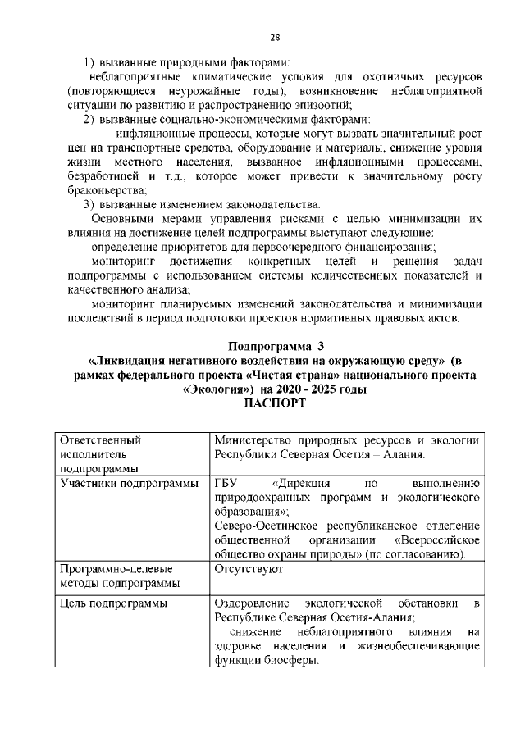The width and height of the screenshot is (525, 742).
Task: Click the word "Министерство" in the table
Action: click(x=252, y=439)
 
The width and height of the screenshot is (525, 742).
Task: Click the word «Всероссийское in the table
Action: click(x=437, y=540)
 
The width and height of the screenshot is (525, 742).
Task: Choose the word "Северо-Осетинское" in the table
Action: click(x=263, y=526)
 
